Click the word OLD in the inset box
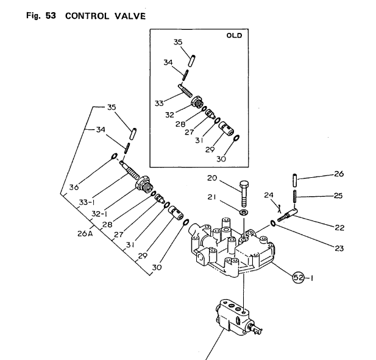coord(234,35)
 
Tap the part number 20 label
coord(212,178)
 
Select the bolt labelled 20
coord(244,193)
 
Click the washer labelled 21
coord(244,213)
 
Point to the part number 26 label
coord(339,174)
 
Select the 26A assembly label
coord(85,233)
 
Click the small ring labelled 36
coord(115,157)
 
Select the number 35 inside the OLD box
coord(178,42)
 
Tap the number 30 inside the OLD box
coord(220,160)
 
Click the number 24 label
coord(268,196)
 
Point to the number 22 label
coord(339,228)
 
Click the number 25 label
coord(339,196)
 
